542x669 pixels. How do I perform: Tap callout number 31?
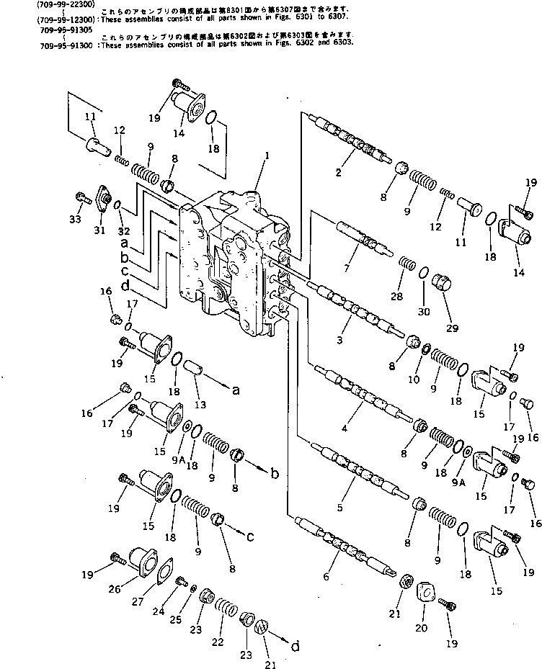coord(99,230)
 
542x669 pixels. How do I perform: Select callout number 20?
coord(421,627)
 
